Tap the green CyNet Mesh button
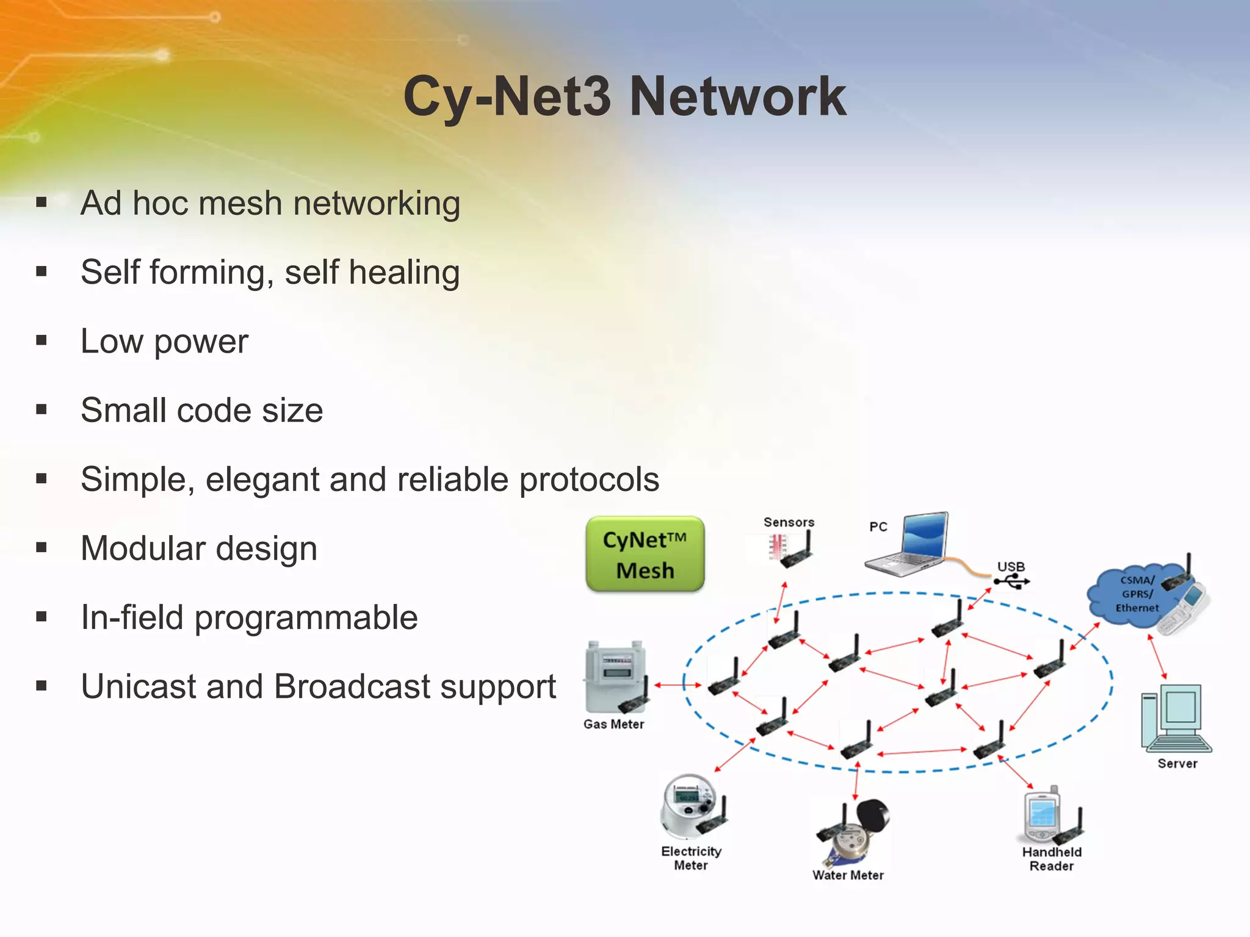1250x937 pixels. click(x=645, y=555)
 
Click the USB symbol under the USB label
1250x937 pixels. click(x=1011, y=583)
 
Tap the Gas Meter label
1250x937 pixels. click(x=613, y=724)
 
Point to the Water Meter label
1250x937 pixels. click(x=848, y=875)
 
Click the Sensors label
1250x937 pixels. click(x=789, y=522)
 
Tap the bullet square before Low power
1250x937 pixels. click(x=42, y=340)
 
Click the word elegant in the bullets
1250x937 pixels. click(x=262, y=479)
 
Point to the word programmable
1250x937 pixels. click(x=306, y=617)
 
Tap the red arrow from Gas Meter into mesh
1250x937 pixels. click(x=677, y=685)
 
